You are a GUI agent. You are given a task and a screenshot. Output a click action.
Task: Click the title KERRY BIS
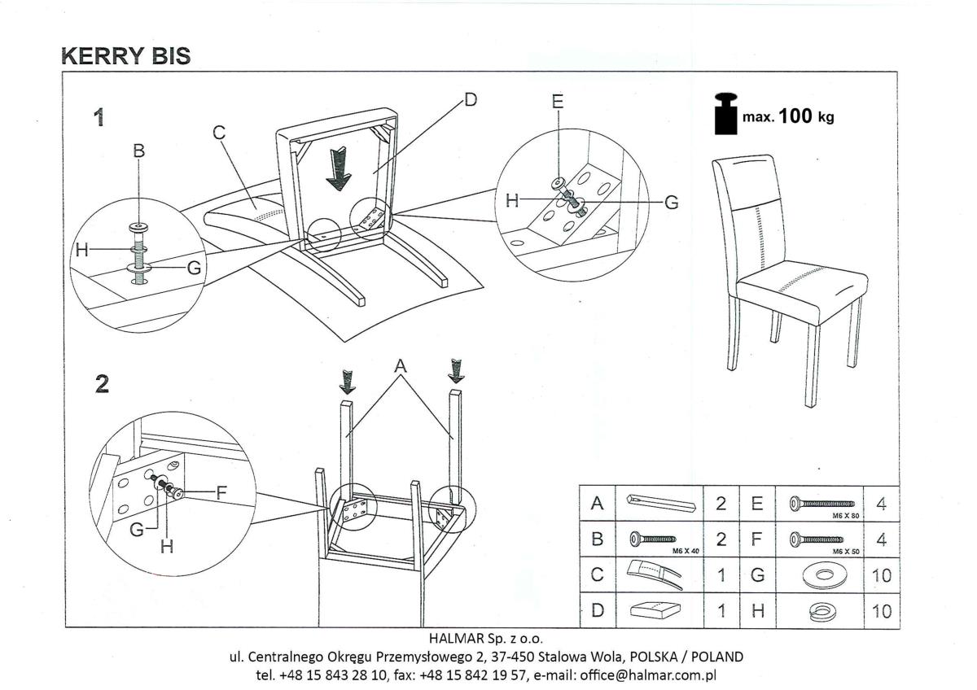[126, 55]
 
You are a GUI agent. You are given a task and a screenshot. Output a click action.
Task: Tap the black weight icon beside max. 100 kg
[725, 115]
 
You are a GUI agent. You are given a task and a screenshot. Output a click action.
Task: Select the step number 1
[99, 118]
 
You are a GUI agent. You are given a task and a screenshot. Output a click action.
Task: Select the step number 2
[102, 384]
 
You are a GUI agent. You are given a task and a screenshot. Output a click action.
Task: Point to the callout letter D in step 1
[470, 99]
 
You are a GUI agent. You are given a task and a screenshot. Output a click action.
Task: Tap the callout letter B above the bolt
[139, 151]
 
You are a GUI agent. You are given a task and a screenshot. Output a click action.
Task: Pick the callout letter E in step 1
[557, 103]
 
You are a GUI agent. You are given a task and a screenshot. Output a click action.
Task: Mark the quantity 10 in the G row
[882, 576]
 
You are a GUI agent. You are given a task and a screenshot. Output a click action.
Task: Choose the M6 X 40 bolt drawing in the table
[654, 539]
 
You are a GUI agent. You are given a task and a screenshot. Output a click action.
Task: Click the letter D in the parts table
[597, 611]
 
